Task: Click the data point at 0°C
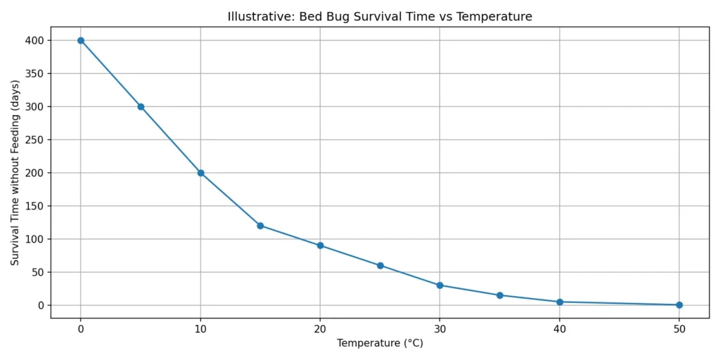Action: coord(81,40)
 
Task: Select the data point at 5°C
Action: coord(141,107)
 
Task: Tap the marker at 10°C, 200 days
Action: coord(200,173)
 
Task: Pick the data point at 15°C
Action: coord(260,226)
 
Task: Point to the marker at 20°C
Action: coord(320,245)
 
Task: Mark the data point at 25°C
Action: coord(380,266)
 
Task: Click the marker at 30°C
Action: coord(440,285)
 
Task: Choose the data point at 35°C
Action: coord(500,295)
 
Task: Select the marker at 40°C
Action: coord(560,302)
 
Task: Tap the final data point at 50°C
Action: coord(679,305)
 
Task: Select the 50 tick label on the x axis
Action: coord(679,328)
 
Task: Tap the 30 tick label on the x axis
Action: coord(440,328)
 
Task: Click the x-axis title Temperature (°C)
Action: coord(380,344)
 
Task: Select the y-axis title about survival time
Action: coord(15,173)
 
